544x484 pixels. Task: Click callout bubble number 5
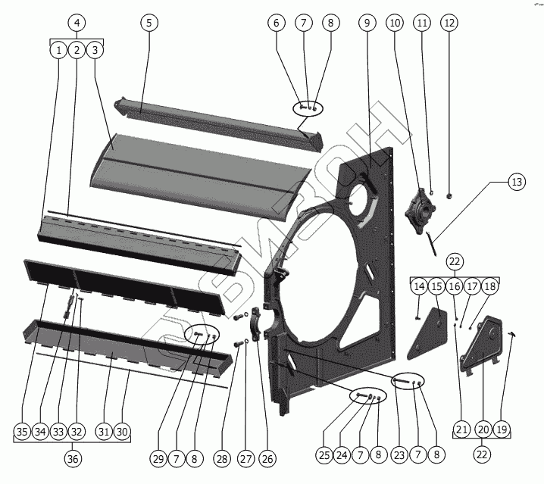pos(149,23)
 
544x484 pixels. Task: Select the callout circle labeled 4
pos(76,23)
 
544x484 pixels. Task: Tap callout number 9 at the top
pos(367,23)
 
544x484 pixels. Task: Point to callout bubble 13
pos(517,182)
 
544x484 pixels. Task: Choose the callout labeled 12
pos(449,23)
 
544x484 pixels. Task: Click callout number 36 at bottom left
pos(73,459)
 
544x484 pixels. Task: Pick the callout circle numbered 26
pos(268,458)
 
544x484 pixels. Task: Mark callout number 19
pos(501,430)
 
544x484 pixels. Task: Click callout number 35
pos(23,432)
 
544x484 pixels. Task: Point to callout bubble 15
pos(437,286)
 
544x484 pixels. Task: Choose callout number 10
pos(395,23)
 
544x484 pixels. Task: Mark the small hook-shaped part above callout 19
pos(514,333)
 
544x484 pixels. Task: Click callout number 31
pos(103,432)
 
